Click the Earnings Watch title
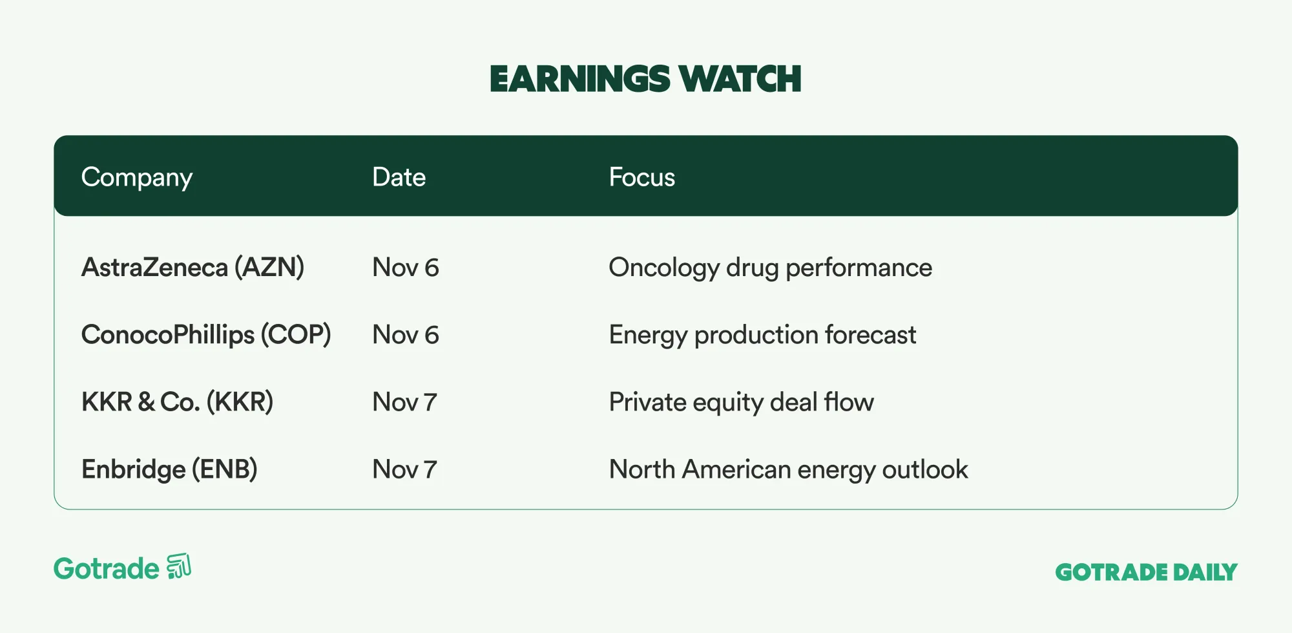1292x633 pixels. [x=645, y=79]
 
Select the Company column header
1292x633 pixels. [x=137, y=178]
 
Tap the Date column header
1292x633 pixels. [x=399, y=177]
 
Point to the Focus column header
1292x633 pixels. [x=641, y=177]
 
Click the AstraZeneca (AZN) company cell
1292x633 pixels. [x=193, y=268]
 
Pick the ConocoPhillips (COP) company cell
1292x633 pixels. [x=206, y=335]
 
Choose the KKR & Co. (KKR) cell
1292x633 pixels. [x=177, y=402]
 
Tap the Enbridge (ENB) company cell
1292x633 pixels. [x=169, y=469]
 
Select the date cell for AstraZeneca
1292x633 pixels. [x=406, y=268]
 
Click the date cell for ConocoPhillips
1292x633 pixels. [x=406, y=335]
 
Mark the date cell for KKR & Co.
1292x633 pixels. [x=405, y=402]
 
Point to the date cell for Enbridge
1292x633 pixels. [x=405, y=469]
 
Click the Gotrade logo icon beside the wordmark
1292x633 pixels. [x=179, y=566]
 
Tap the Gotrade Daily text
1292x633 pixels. [x=1146, y=572]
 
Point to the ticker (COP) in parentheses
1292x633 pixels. [x=296, y=335]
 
